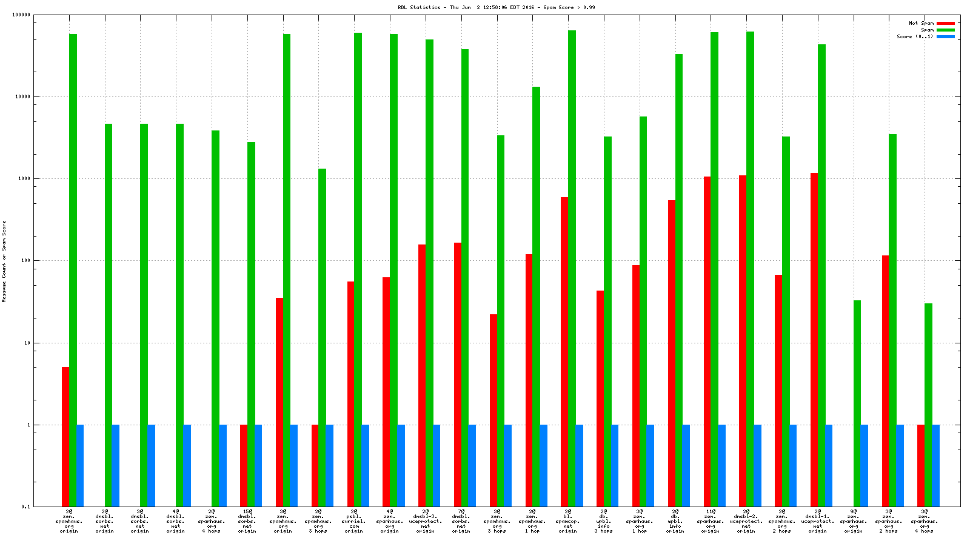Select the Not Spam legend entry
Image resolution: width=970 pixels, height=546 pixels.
coord(921,23)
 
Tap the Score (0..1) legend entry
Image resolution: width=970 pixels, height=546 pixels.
coord(915,36)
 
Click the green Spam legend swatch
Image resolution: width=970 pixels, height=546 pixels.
coord(945,30)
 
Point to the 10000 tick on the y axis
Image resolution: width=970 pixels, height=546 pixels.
coord(22,96)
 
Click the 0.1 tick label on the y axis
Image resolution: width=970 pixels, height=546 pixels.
coord(25,507)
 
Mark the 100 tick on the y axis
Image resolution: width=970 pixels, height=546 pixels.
coord(24,261)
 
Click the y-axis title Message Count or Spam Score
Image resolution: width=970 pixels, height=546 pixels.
coord(4,261)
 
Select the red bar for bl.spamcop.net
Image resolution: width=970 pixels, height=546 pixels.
coord(564,352)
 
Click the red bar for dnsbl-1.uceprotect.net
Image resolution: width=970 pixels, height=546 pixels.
coord(814,340)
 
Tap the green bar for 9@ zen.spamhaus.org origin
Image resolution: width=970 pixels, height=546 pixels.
coord(857,403)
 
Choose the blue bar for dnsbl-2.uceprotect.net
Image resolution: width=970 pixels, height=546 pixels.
coord(757,465)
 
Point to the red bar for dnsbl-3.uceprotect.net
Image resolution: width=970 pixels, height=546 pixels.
coord(421,376)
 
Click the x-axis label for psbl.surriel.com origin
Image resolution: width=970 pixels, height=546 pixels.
coord(354,521)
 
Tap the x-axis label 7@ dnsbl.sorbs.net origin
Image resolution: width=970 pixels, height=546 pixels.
coord(461,521)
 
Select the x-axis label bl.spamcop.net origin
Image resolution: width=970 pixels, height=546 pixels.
coord(568,521)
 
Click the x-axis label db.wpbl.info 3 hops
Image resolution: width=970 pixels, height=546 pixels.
coord(603,521)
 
